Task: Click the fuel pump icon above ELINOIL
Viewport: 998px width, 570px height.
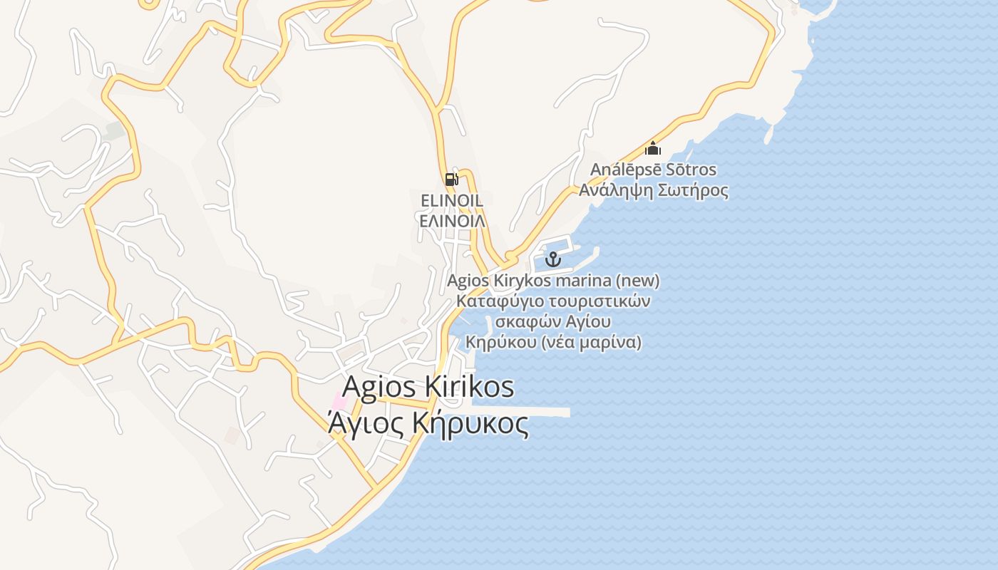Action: (451, 179)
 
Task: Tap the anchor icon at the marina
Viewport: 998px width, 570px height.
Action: (553, 259)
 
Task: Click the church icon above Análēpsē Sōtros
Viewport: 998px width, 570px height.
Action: (653, 149)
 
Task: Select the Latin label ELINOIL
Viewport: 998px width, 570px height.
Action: (452, 201)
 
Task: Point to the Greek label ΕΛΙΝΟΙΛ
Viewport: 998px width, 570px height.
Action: (452, 221)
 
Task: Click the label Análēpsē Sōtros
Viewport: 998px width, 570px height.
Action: (653, 170)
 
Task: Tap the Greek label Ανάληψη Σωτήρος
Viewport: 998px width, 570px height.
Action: (653, 191)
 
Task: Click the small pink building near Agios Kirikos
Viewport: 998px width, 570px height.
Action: (339, 401)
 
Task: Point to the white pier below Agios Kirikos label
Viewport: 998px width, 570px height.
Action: (542, 412)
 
